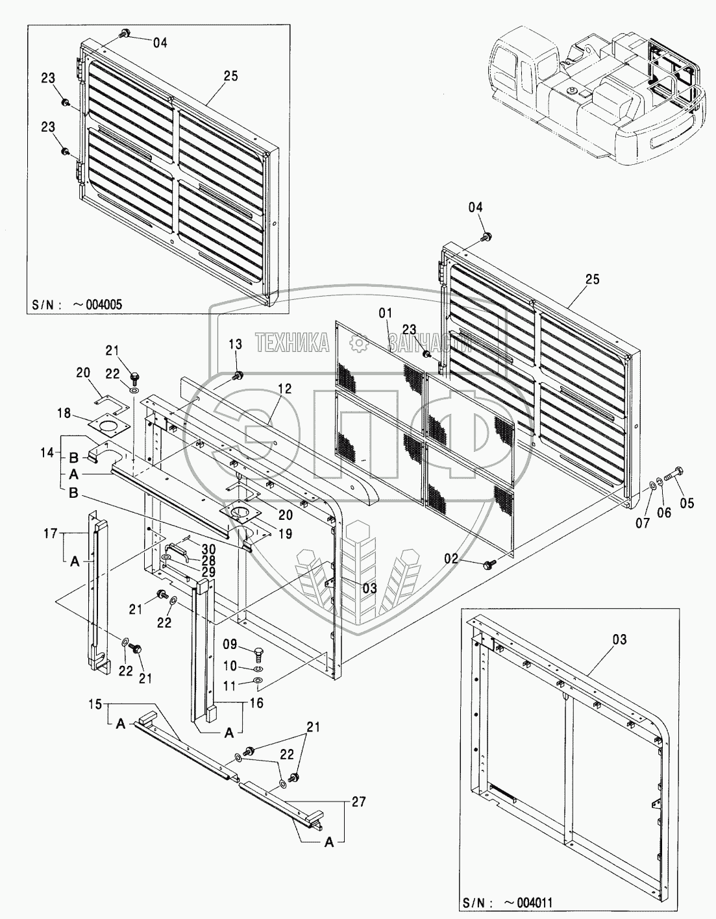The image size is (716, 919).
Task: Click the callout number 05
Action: pyautogui.click(x=687, y=502)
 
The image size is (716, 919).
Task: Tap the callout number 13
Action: pyautogui.click(x=236, y=344)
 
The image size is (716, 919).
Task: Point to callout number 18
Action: pyautogui.click(x=64, y=413)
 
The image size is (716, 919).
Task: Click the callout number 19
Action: pyautogui.click(x=286, y=533)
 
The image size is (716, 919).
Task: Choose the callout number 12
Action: pyautogui.click(x=285, y=388)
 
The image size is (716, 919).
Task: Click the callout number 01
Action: pyautogui.click(x=386, y=313)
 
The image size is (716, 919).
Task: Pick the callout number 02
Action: pyautogui.click(x=451, y=559)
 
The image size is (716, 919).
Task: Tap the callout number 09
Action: pyautogui.click(x=230, y=644)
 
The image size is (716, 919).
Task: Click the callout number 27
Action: pyautogui.click(x=358, y=801)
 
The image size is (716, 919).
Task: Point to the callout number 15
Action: pyautogui.click(x=95, y=704)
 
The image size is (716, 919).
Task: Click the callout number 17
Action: pyautogui.click(x=51, y=533)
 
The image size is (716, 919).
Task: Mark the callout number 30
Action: pyautogui.click(x=208, y=549)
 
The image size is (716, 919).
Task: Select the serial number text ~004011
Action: pyautogui.click(x=528, y=901)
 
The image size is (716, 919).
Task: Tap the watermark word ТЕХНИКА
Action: pyautogui.click(x=292, y=342)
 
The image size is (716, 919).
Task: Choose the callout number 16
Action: pyautogui.click(x=256, y=702)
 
